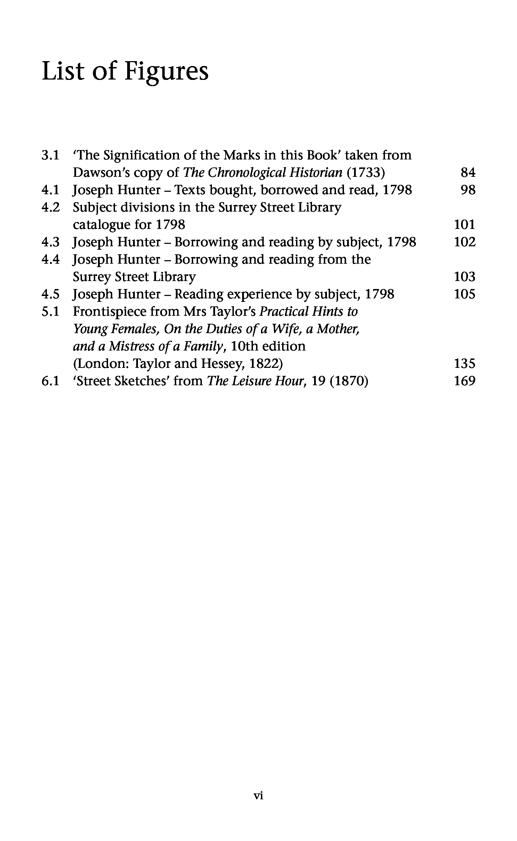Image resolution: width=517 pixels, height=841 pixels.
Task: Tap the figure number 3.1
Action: pyautogui.click(x=50, y=155)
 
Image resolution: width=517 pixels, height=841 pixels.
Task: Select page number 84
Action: pyautogui.click(x=468, y=173)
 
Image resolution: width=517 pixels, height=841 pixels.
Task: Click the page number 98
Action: pyautogui.click(x=468, y=190)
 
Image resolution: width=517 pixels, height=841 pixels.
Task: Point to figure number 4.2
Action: pyautogui.click(x=50, y=207)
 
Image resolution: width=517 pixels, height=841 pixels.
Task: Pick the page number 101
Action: pyautogui.click(x=465, y=225)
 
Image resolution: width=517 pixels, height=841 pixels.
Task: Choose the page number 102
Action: pyautogui.click(x=465, y=242)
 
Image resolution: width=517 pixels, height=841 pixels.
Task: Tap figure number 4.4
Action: pyautogui.click(x=50, y=259)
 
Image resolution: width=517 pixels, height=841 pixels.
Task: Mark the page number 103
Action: pyautogui.click(x=465, y=277)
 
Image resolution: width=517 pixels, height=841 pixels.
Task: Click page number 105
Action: pyautogui.click(x=465, y=294)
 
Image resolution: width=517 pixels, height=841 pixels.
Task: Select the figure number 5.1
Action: pyautogui.click(x=50, y=312)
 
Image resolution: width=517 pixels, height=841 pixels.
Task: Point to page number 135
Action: pyautogui.click(x=465, y=364)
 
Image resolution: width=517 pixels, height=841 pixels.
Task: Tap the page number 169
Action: pyautogui.click(x=465, y=381)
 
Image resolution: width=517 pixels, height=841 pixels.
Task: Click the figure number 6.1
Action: pyautogui.click(x=50, y=381)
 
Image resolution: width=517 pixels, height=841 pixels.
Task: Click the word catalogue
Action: pyautogui.click(x=101, y=225)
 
